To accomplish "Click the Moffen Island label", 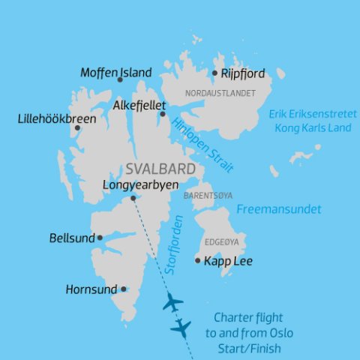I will click(116, 73).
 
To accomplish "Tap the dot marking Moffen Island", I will click(120, 79).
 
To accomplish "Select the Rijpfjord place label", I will click(243, 73).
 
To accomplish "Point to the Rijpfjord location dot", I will click(214, 73).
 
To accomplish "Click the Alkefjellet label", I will click(139, 106).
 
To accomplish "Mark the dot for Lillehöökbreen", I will click(77, 127).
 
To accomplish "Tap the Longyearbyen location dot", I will click(133, 199).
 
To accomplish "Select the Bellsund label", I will click(71, 238).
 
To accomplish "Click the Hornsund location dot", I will click(124, 289).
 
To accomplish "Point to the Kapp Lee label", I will click(228, 262).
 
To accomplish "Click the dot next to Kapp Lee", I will click(198, 261).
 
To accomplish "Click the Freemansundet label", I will click(279, 209).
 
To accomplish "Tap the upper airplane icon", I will click(172, 303).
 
